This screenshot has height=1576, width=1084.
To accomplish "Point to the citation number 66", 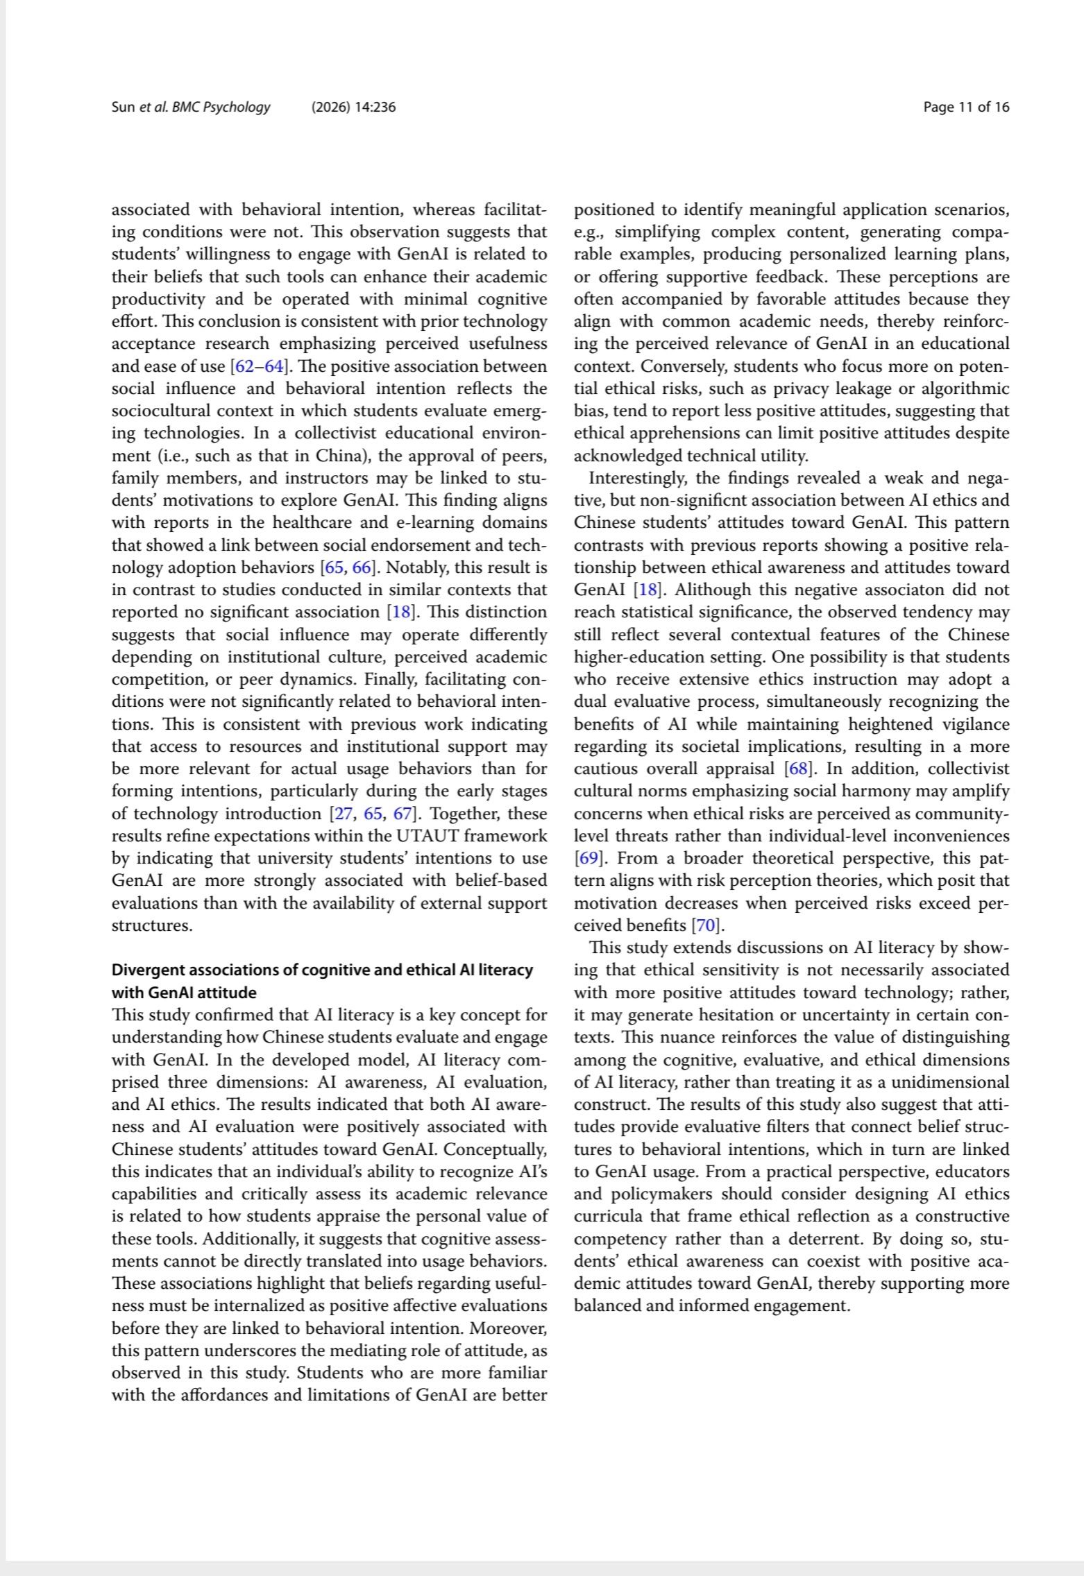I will [x=362, y=567].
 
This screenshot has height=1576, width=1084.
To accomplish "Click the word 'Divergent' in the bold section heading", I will [x=146, y=970].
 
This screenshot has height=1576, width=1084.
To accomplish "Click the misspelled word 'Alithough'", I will [x=709, y=590].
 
